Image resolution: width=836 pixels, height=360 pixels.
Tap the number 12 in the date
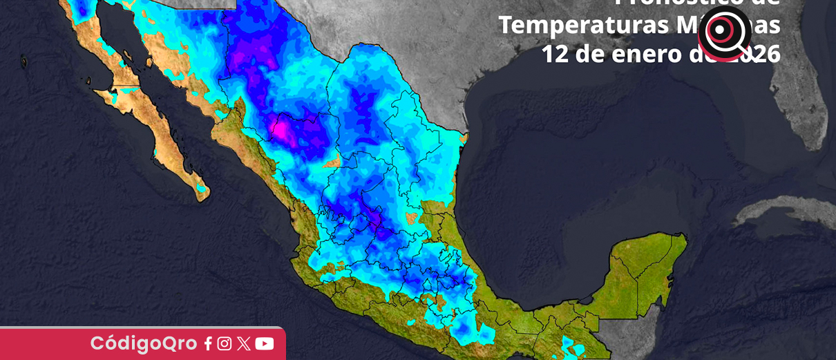pos(553,54)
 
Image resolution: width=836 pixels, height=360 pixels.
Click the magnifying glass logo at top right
pos(723,32)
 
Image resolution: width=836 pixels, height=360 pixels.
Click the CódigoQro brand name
pos(144,343)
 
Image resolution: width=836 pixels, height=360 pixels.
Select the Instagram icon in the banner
pos(225,343)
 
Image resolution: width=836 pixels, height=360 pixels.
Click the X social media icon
pos(243,343)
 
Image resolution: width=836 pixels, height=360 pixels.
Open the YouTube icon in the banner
pos(265,343)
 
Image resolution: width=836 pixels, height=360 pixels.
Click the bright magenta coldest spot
pos(283,129)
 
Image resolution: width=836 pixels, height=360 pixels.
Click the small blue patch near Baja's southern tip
pos(201,187)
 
